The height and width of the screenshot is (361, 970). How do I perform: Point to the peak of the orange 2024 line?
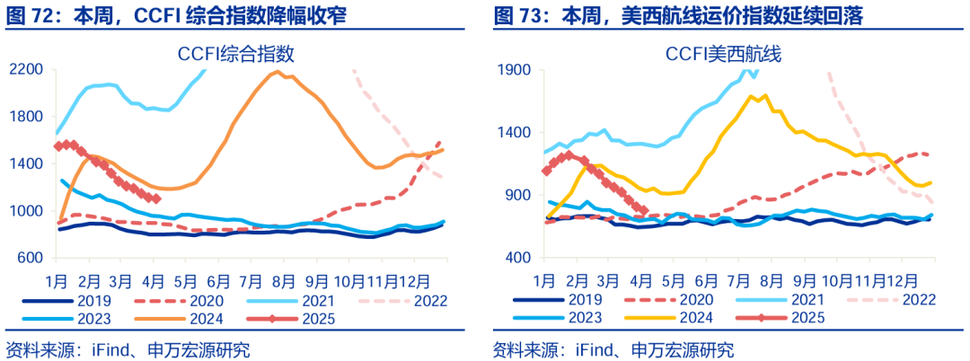coord(278,72)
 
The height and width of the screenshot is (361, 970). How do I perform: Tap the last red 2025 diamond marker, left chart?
coord(156,199)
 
